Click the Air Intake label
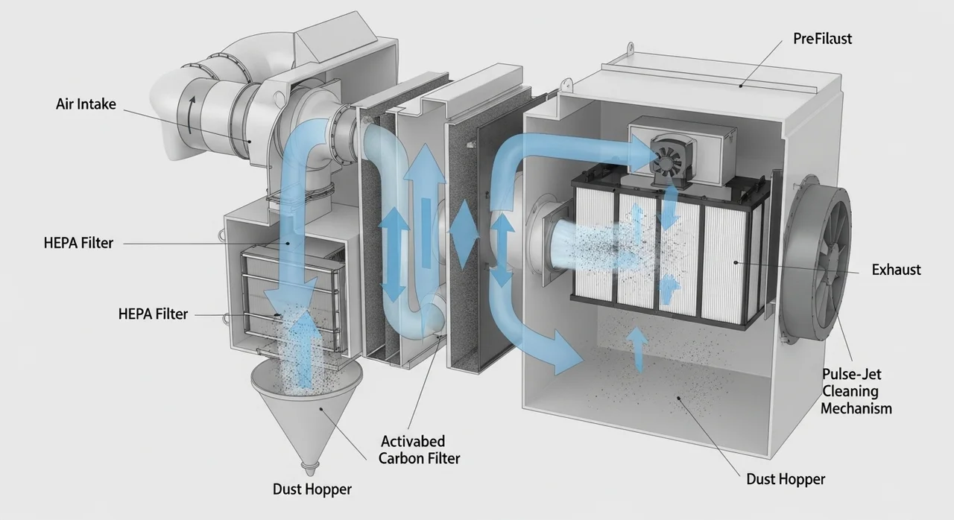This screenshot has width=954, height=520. tap(86, 104)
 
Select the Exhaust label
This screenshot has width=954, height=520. tap(896, 270)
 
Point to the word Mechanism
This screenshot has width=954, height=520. tap(856, 408)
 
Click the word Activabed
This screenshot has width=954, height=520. tap(412, 440)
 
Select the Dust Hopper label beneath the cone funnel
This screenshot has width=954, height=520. tap(312, 489)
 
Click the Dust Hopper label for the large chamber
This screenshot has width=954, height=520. tap(786, 479)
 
